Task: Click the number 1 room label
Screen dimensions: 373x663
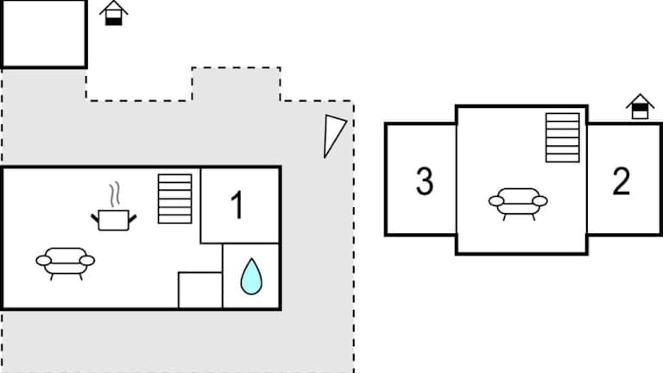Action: click(237, 205)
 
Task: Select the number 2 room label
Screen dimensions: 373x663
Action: click(621, 182)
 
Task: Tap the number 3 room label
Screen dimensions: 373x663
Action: click(424, 182)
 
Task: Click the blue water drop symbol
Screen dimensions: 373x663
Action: click(251, 277)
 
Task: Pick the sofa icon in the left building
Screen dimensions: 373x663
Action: click(65, 261)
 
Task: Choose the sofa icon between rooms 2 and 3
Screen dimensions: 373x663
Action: click(518, 202)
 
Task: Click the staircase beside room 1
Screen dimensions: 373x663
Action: click(174, 199)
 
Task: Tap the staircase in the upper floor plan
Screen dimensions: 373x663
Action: click(562, 137)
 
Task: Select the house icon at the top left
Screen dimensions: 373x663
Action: click(113, 13)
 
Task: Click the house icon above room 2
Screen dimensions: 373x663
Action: click(640, 106)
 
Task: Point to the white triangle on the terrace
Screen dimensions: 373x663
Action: click(333, 136)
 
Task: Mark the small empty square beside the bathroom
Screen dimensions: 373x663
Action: click(199, 289)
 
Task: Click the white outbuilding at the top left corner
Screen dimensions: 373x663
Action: click(43, 34)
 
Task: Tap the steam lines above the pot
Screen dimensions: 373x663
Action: click(113, 193)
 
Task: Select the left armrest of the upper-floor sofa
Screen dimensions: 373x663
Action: click(496, 201)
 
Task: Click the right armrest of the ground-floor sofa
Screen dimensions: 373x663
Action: click(87, 260)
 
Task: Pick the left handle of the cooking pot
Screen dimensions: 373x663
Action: click(96, 218)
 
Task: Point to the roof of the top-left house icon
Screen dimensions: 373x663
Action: click(113, 8)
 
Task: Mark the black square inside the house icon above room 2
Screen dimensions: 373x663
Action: click(640, 112)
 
